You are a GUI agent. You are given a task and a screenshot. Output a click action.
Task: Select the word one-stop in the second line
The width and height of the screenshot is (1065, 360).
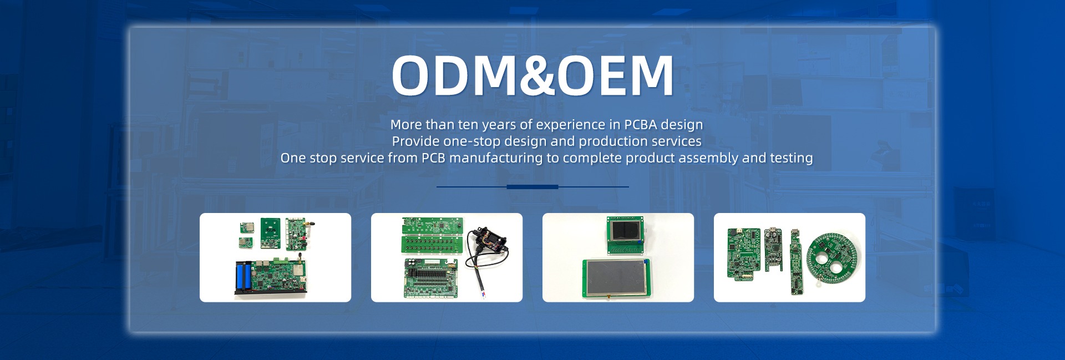[472, 141]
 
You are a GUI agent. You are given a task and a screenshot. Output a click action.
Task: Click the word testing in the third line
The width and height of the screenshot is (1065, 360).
[792, 158]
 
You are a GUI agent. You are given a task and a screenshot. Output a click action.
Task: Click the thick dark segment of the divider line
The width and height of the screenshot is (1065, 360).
[532, 187]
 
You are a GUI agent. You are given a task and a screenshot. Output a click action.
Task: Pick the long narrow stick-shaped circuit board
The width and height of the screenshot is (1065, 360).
[795, 261]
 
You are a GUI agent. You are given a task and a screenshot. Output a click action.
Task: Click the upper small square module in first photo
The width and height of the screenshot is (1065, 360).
[245, 227]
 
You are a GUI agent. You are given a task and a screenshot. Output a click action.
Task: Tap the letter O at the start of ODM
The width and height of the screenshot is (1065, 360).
[412, 75]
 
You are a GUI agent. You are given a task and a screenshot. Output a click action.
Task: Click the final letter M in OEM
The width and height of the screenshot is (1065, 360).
[653, 75]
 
